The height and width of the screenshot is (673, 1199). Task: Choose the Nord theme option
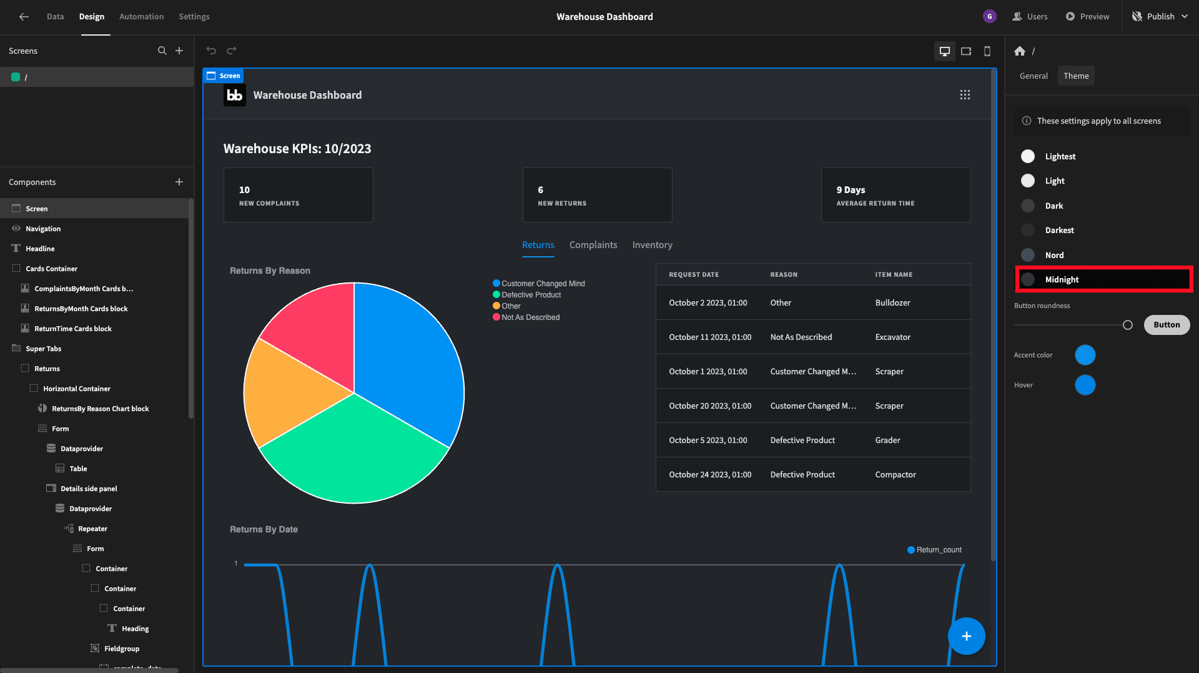[1054, 255]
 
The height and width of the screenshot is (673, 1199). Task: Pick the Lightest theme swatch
[1028, 156]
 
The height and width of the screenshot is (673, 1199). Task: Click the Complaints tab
[593, 245]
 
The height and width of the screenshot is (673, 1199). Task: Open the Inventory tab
[652, 245]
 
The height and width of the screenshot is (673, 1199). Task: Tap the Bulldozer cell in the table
[892, 302]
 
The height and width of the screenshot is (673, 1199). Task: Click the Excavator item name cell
[892, 337]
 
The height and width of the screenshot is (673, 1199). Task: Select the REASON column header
[784, 274]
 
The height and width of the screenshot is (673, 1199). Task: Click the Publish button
[1160, 16]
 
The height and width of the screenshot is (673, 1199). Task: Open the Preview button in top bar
[1087, 16]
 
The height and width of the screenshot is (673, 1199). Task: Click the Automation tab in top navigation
[141, 16]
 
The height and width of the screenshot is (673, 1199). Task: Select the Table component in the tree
[78, 469]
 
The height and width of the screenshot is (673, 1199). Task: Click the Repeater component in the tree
[92, 529]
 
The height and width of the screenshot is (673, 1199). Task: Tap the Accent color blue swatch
[1085, 355]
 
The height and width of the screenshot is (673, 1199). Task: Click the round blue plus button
[966, 636]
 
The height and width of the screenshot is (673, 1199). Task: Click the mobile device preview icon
[987, 51]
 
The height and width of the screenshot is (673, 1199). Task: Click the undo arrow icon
[211, 51]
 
